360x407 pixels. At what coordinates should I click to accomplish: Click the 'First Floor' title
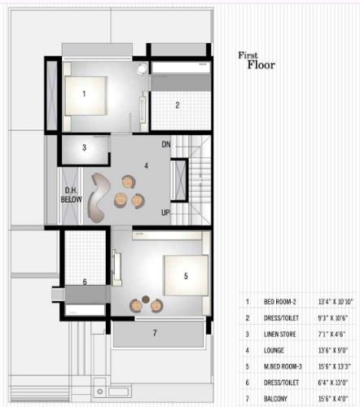coord(258,61)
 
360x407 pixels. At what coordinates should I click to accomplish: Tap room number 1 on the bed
coord(84,94)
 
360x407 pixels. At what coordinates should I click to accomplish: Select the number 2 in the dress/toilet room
coord(178,104)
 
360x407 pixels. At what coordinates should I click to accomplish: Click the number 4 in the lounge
coord(146,165)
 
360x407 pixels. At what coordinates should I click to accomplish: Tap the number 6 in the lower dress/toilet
coord(84,282)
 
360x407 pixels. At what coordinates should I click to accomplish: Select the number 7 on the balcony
coord(155,332)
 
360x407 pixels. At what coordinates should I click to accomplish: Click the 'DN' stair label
coord(166,144)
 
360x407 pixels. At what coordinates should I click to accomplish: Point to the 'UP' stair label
coord(166,212)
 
